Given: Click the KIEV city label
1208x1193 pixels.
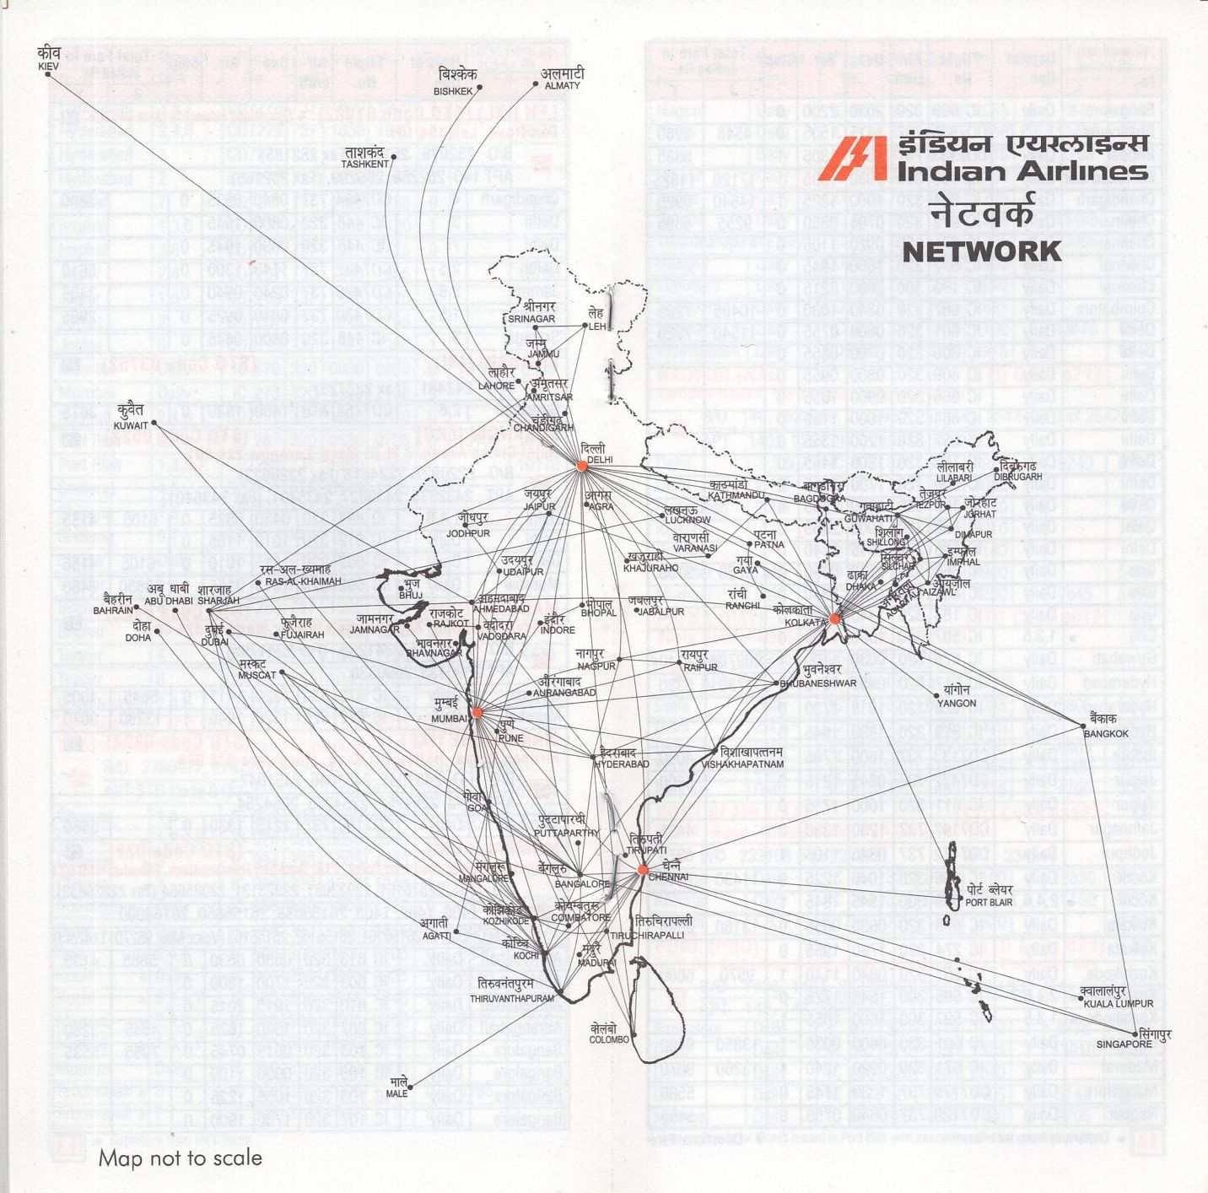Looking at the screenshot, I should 49,66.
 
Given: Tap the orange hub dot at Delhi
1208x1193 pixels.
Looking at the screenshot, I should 582,466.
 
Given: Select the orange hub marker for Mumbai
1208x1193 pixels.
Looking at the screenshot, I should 477,713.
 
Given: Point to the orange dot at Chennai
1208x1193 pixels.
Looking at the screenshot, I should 643,869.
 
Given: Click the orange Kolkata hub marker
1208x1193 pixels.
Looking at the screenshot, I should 834,618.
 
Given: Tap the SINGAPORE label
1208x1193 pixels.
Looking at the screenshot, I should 1124,1045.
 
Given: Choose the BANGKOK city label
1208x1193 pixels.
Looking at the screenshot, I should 1105,733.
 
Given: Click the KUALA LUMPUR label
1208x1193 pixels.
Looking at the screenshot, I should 1118,1003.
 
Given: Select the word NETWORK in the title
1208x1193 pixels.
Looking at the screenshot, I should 982,251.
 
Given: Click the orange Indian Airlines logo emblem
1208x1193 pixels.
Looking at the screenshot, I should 852,159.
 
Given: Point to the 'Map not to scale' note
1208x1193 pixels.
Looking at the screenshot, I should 181,1158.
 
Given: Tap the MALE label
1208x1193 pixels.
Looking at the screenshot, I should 396,1093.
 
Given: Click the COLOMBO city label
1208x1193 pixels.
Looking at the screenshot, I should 609,1039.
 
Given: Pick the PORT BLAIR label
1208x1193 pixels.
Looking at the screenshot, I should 989,902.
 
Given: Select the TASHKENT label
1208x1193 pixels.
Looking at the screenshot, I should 365,164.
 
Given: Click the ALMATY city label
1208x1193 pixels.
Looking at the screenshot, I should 562,85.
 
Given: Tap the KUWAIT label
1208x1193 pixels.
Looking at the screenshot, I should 130,425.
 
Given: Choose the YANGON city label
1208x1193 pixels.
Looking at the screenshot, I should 957,703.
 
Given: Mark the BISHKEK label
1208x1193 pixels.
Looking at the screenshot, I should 453,91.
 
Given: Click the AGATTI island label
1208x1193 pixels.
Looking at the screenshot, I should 436,935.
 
